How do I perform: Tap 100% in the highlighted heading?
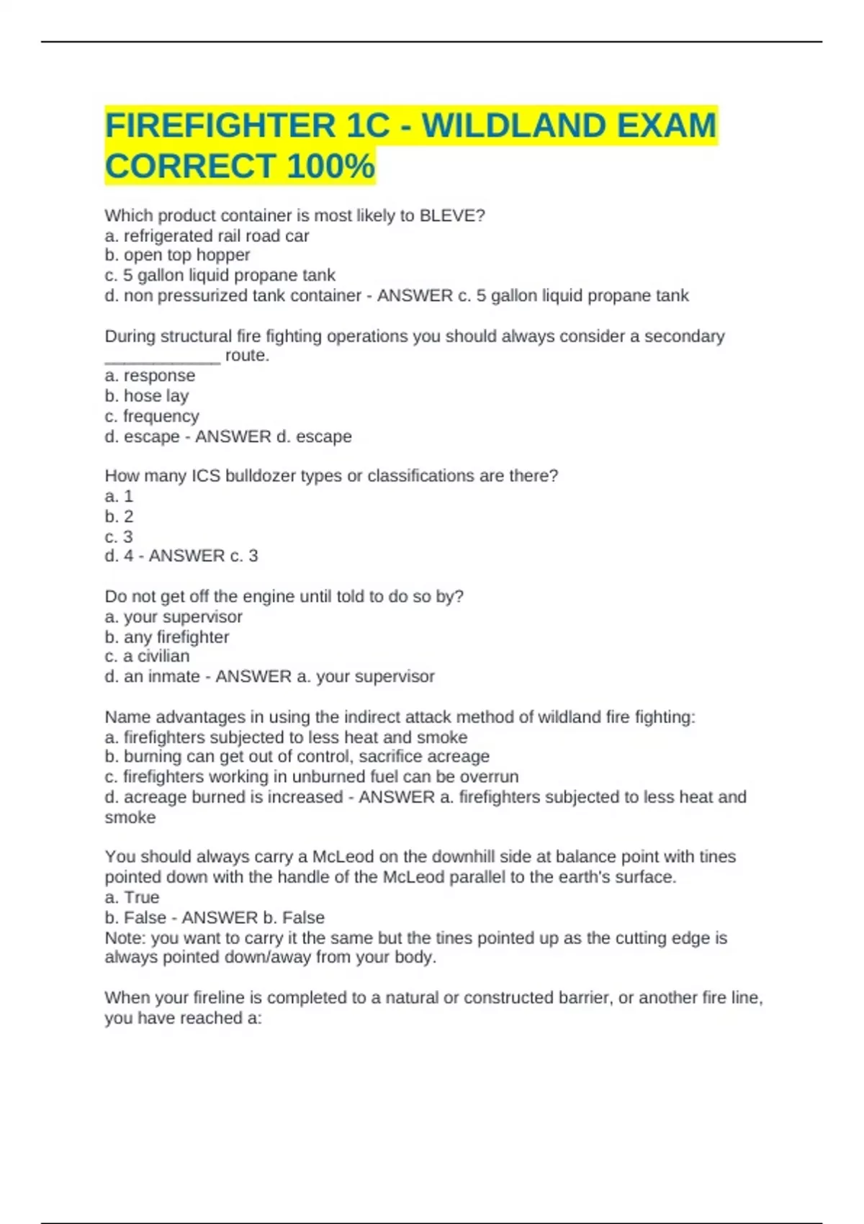(x=330, y=166)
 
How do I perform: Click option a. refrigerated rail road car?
(x=207, y=235)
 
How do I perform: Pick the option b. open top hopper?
(x=177, y=255)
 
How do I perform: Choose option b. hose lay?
(x=147, y=396)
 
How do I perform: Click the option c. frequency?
(x=152, y=416)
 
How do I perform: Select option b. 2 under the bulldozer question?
(x=120, y=516)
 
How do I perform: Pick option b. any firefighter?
(x=167, y=637)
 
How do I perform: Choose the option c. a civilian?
(x=147, y=656)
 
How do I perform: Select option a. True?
(x=132, y=897)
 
